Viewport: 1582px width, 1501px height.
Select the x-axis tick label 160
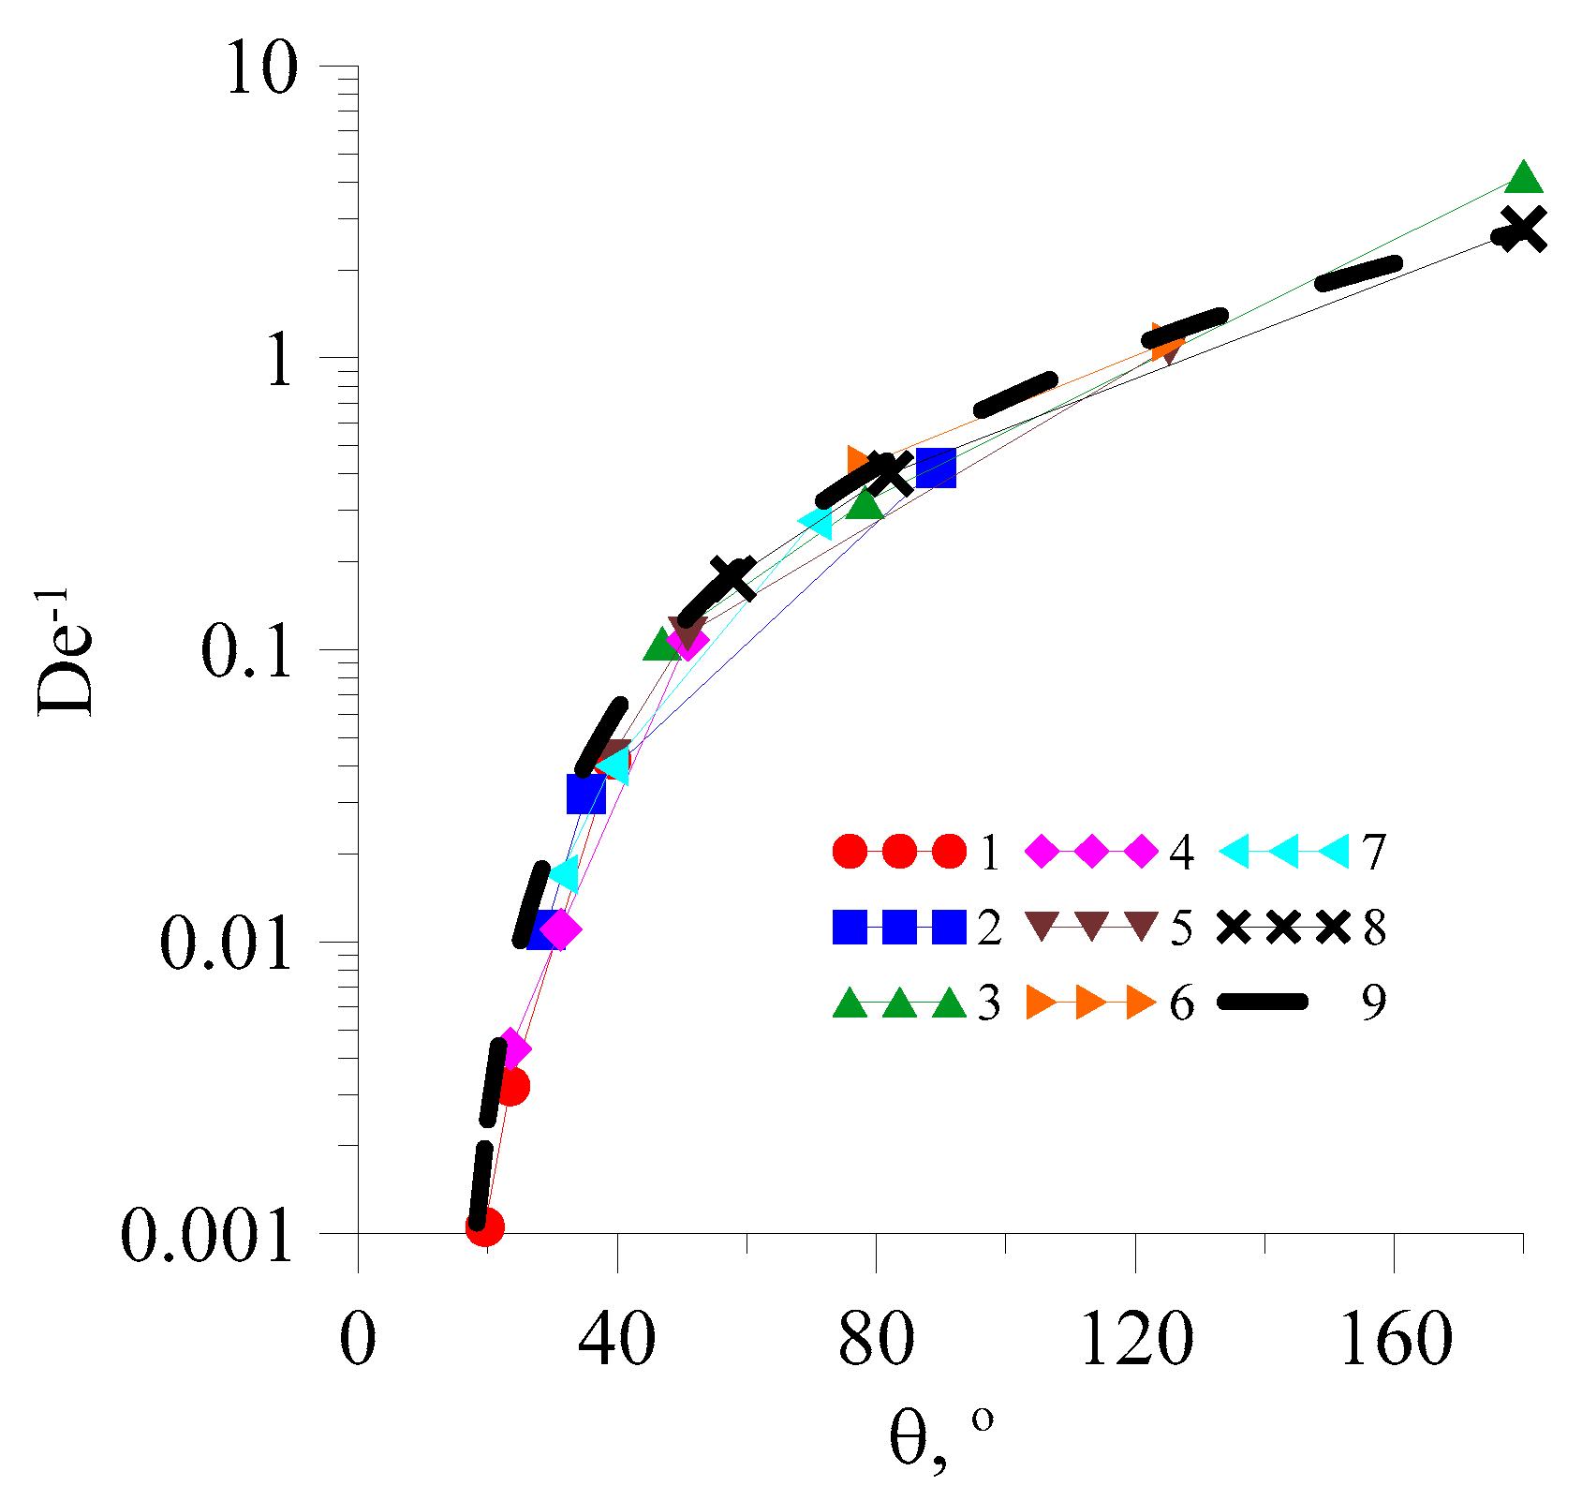[1397, 1340]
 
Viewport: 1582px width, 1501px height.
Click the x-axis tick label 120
[1136, 1340]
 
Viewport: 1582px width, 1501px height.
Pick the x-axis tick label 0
[358, 1340]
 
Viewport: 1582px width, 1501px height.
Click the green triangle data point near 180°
[1523, 176]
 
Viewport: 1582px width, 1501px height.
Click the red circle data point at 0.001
[485, 1226]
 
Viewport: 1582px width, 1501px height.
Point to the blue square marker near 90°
[936, 467]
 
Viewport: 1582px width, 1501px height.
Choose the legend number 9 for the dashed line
[1373, 1003]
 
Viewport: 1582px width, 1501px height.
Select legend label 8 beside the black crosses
[1374, 929]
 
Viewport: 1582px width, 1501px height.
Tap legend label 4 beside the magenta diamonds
[1181, 854]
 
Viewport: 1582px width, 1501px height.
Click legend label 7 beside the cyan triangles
[1374, 854]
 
